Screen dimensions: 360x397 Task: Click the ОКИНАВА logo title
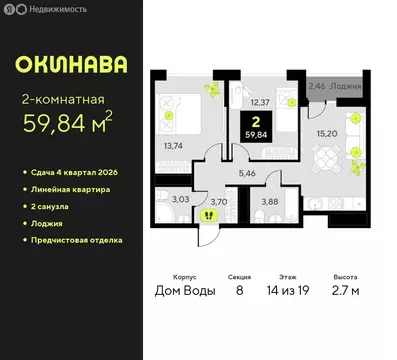click(70, 65)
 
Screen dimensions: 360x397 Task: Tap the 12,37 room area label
click(260, 100)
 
